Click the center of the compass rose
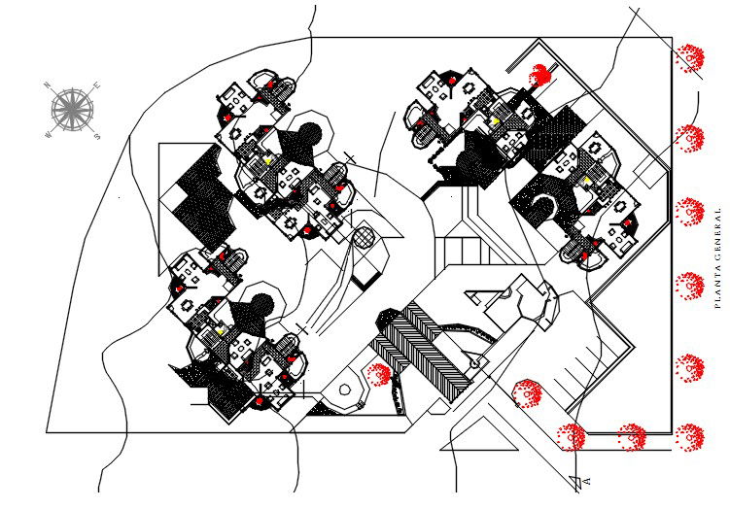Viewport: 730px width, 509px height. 70,107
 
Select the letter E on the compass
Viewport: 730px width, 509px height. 97,86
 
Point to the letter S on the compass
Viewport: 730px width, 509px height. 95,135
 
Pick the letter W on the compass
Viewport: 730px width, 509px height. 47,135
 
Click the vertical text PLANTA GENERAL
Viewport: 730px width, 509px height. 717,257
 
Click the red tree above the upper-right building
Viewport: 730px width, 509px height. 540,74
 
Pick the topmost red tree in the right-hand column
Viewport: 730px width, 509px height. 690,58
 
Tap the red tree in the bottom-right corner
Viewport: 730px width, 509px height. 690,437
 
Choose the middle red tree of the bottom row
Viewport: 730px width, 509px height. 632,437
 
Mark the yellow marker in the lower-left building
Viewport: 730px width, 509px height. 222,330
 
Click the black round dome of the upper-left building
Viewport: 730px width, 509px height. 309,138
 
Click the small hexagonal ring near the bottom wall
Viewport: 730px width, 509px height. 344,390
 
